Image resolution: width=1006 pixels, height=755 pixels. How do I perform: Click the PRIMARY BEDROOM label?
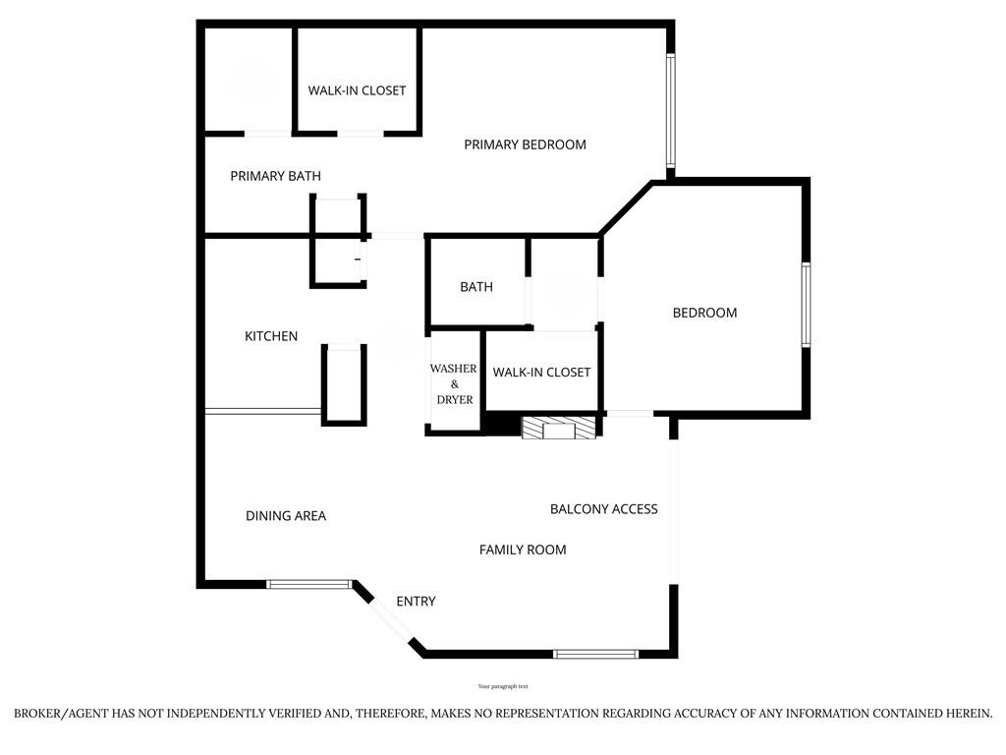click(x=525, y=145)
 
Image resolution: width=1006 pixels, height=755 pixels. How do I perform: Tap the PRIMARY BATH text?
click(x=275, y=176)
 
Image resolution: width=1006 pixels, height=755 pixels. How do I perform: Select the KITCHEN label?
click(x=271, y=336)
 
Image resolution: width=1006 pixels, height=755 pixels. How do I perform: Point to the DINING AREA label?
click(x=286, y=515)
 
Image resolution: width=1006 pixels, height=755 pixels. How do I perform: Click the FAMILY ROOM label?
click(x=523, y=550)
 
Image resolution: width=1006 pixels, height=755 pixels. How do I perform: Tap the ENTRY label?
click(x=416, y=601)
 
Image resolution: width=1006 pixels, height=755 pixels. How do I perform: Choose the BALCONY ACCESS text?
click(x=604, y=509)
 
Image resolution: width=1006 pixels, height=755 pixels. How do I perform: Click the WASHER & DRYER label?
click(x=454, y=384)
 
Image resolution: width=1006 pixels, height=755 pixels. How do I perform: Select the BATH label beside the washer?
click(x=476, y=287)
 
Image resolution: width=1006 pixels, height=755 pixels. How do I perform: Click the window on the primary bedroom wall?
click(x=670, y=110)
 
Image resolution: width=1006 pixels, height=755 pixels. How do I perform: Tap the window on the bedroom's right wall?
click(x=806, y=305)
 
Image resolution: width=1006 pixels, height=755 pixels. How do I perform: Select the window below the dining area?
click(x=309, y=584)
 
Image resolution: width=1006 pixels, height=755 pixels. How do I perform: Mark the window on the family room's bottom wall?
click(x=596, y=654)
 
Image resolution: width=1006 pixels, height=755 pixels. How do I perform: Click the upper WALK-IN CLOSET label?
click(x=357, y=90)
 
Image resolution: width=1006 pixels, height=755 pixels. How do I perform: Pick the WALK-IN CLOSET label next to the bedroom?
click(x=541, y=373)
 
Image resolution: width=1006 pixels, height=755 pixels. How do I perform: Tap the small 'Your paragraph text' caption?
click(x=503, y=686)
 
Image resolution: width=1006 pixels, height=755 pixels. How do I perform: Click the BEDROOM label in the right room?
click(x=704, y=313)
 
